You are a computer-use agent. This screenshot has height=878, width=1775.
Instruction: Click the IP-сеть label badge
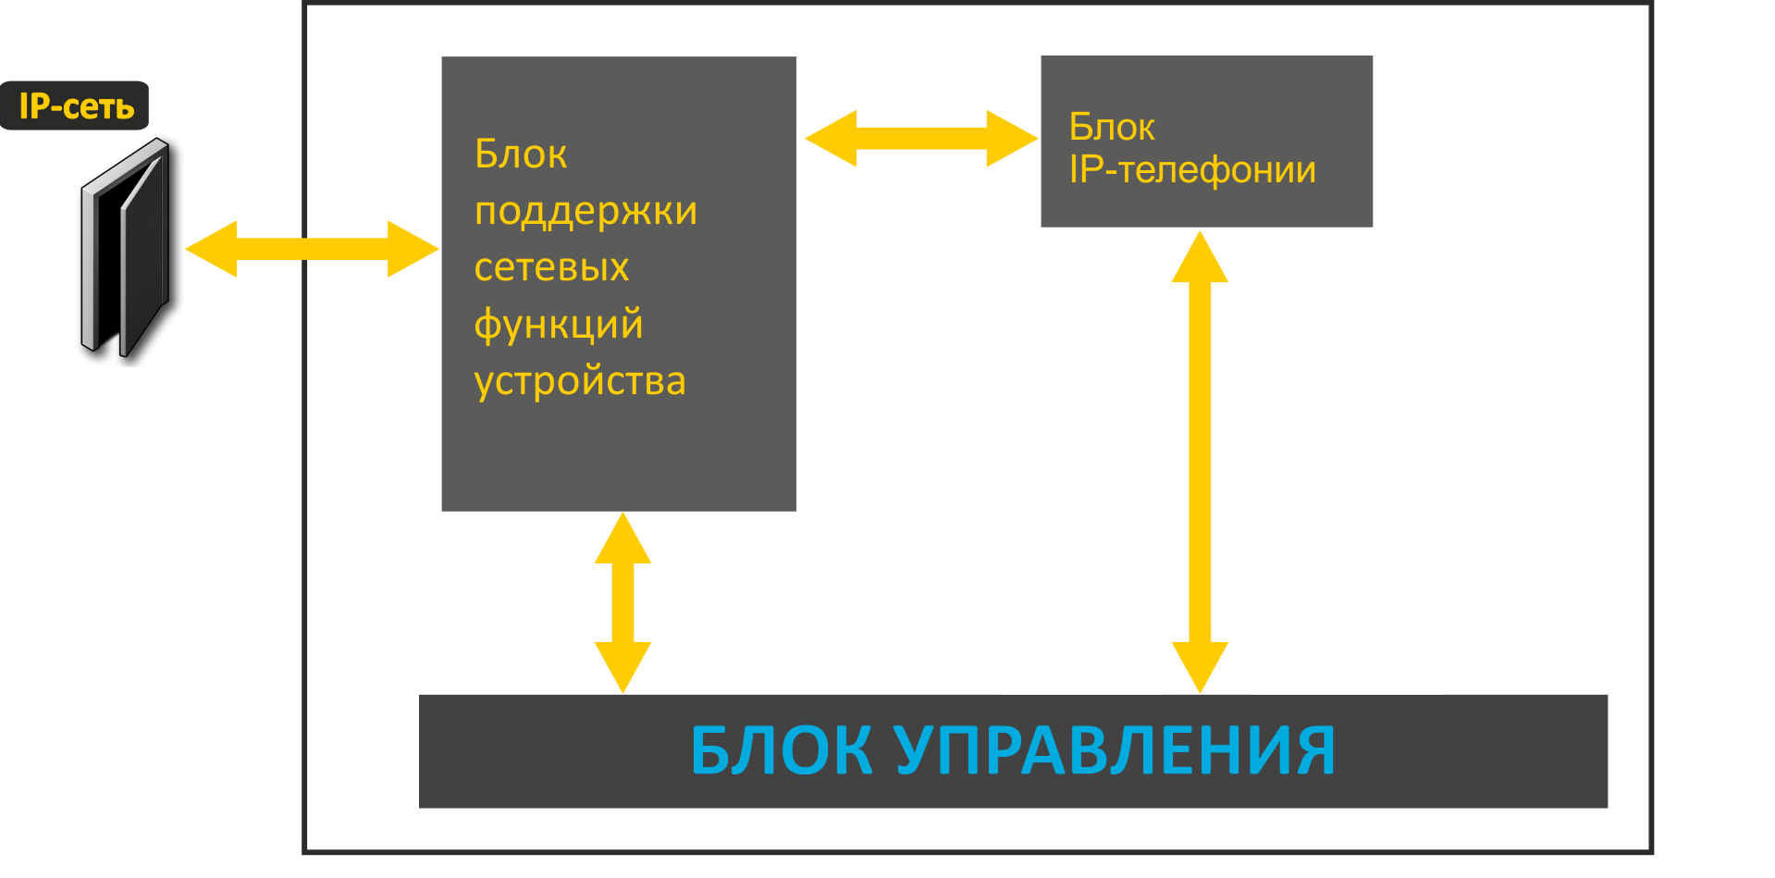[75, 105]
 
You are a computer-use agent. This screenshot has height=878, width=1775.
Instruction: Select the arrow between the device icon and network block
[312, 249]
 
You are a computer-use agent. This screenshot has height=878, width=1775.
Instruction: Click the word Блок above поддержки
[521, 155]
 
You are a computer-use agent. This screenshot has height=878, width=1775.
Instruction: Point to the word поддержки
[586, 212]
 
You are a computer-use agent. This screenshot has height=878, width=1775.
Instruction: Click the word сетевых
[551, 268]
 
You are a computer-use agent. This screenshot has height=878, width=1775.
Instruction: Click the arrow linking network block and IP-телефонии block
[921, 139]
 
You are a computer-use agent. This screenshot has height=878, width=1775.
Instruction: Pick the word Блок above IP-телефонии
[1112, 128]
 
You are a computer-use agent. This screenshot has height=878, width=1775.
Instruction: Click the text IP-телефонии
[1192, 170]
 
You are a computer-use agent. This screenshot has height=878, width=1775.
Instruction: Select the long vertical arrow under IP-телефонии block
[1200, 462]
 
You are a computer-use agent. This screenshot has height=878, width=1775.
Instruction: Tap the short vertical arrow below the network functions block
[622, 602]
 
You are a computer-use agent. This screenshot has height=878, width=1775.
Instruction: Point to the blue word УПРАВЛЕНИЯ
[1115, 750]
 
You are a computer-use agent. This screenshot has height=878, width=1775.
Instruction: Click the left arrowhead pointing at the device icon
[212, 249]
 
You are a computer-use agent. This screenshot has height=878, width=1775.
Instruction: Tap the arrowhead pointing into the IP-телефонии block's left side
[1012, 139]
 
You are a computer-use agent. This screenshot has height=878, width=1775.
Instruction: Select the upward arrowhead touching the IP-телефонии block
[1200, 258]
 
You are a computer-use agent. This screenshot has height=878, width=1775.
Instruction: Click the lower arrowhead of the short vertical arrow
[622, 666]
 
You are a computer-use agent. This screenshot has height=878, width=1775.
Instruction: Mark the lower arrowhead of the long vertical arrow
[1200, 666]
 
